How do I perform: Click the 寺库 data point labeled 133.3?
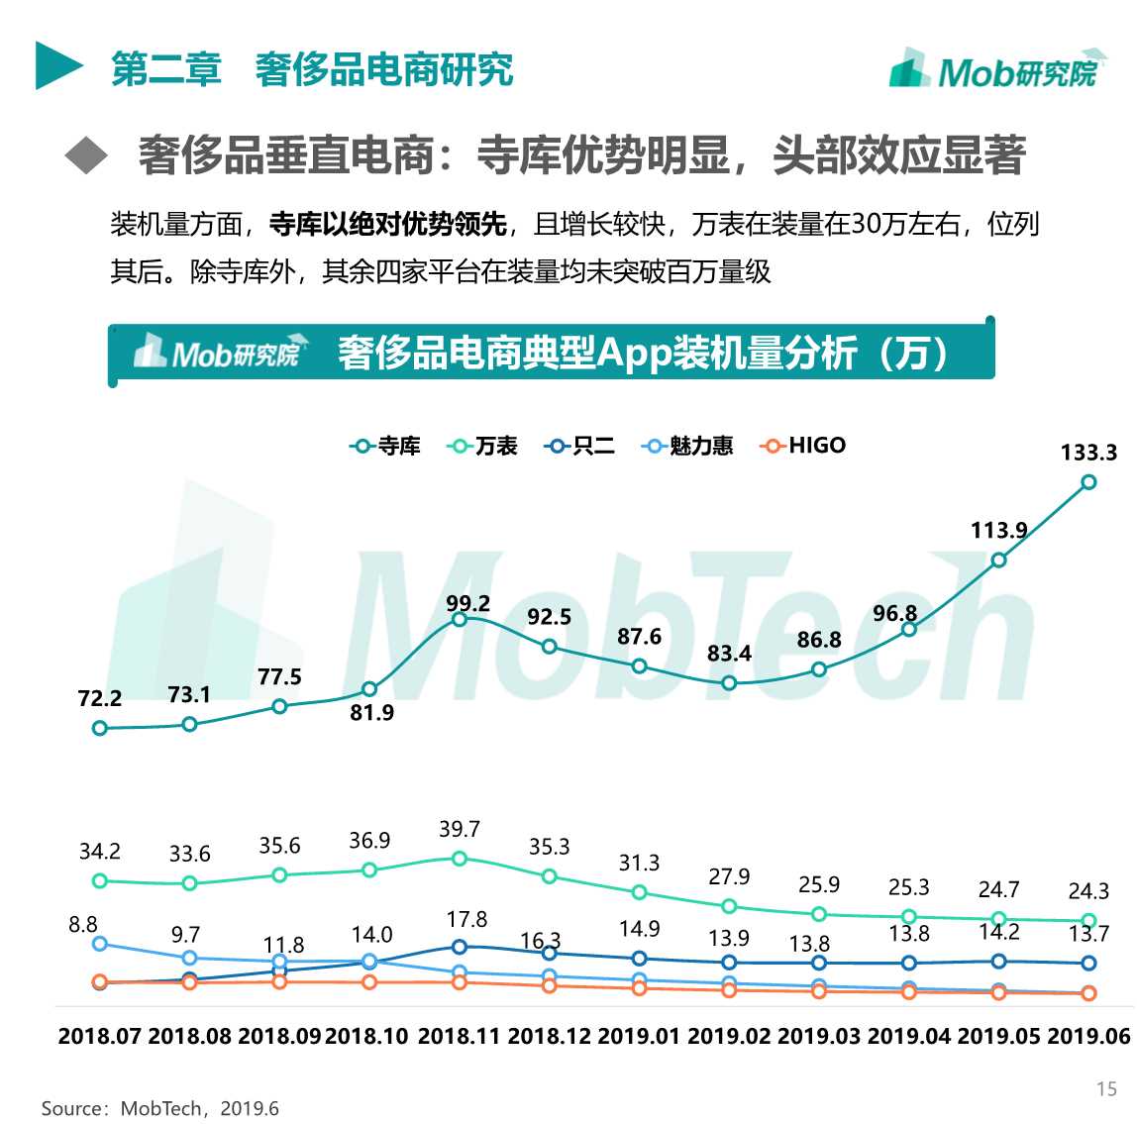coord(1088,482)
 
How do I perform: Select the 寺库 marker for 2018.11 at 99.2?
coord(460,619)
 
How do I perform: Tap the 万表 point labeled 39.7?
coord(460,859)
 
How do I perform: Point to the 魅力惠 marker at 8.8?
coord(99,944)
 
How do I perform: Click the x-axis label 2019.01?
coord(639,1037)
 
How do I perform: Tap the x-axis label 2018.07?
coord(99,1037)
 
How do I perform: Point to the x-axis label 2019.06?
coord(1088,1037)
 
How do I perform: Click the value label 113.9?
coord(998,530)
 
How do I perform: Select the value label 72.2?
coord(99,698)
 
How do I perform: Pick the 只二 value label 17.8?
coord(466,919)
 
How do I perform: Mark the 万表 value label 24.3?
coord(1088,890)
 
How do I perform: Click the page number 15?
coord(1106,1089)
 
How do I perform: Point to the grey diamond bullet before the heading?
coord(86,155)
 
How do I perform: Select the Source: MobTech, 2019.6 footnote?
coord(159,1108)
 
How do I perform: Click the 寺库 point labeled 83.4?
coord(729,683)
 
